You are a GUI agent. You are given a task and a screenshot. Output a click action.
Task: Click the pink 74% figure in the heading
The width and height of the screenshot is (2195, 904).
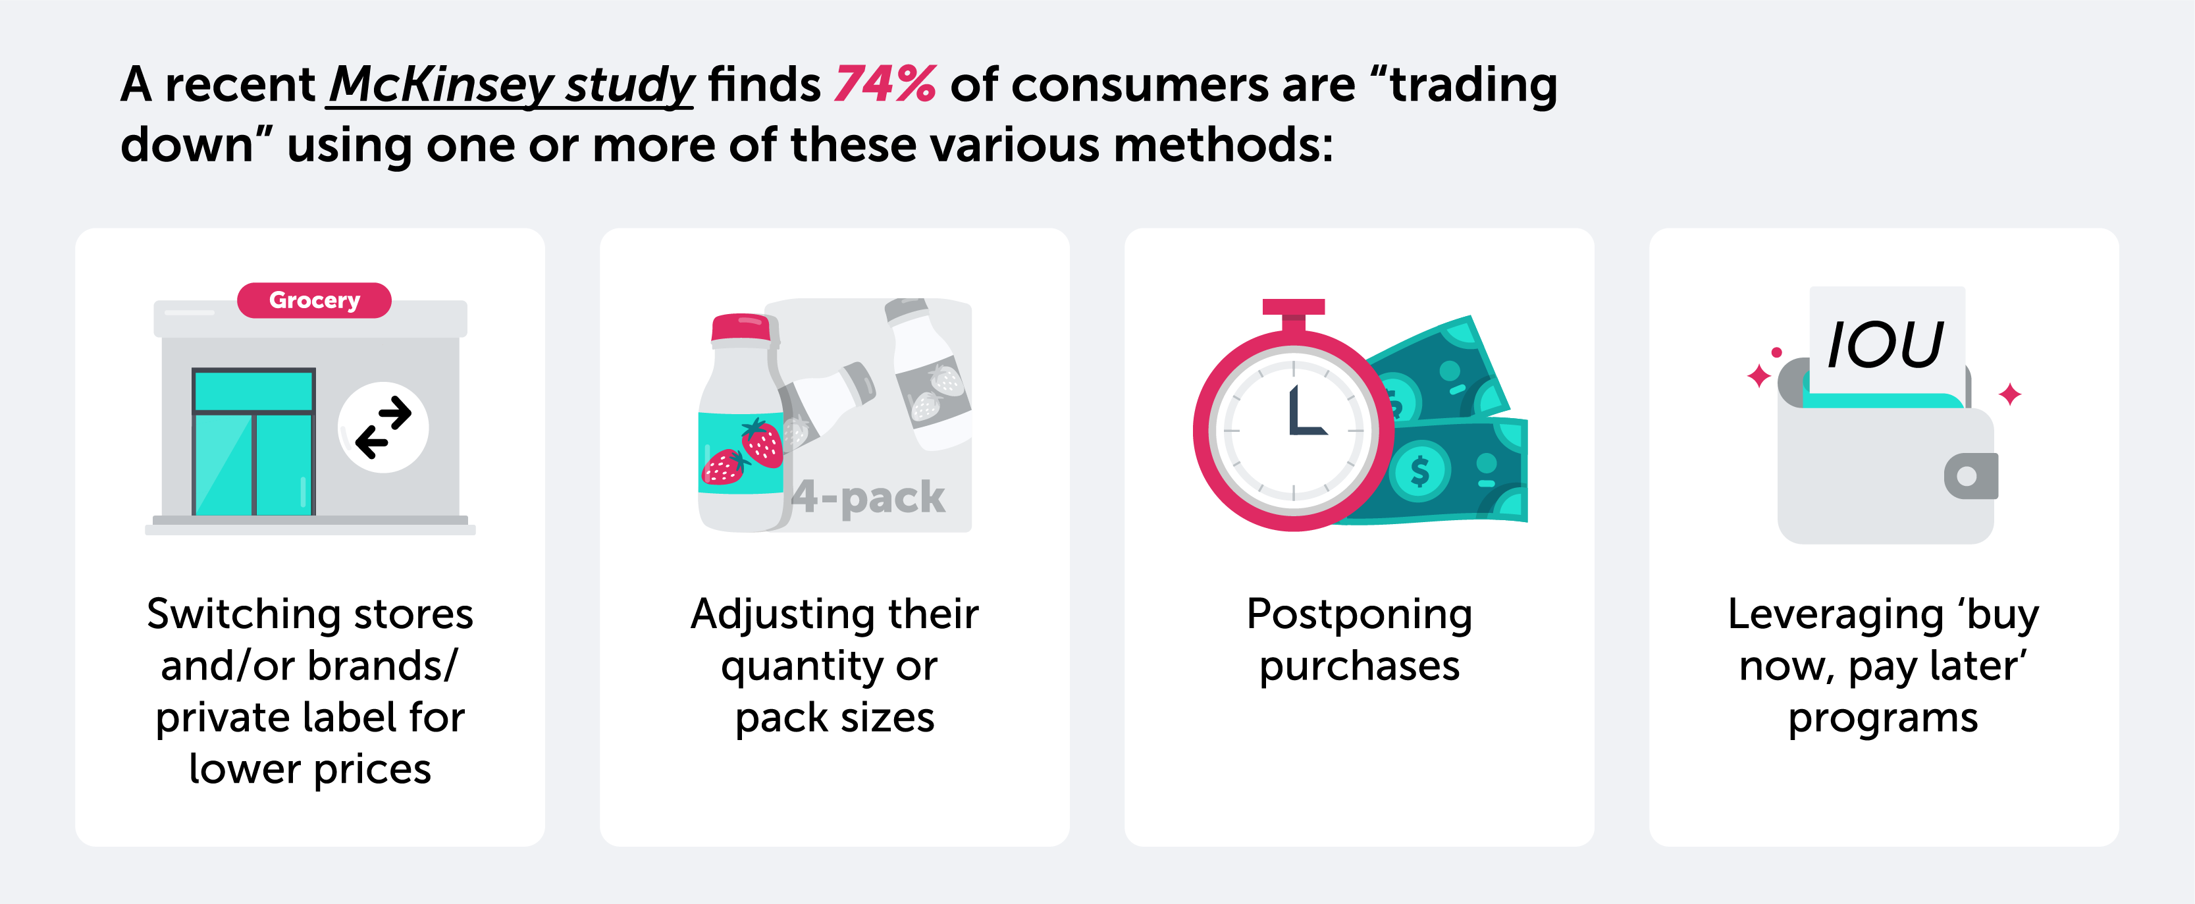click(886, 84)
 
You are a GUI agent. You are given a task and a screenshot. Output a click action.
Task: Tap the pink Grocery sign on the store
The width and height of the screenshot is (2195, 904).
click(315, 300)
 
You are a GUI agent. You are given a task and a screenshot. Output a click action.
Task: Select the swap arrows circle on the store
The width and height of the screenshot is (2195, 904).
click(383, 427)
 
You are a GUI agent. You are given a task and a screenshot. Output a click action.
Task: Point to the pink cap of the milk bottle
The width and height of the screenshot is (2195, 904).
click(741, 328)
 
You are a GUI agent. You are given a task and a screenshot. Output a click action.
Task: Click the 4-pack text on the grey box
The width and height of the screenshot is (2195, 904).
click(868, 496)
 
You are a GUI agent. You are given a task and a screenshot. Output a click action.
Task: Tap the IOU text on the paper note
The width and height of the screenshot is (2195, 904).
click(1886, 344)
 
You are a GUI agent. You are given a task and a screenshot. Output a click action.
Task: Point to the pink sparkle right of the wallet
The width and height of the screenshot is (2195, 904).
click(2010, 394)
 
